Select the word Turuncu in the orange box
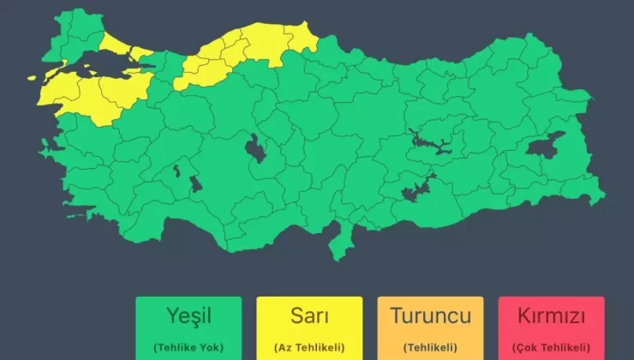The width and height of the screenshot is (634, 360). [430, 315]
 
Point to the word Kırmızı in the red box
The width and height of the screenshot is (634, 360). [552, 315]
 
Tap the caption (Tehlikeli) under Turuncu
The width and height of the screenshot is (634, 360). [430, 346]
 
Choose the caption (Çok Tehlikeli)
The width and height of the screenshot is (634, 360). [552, 346]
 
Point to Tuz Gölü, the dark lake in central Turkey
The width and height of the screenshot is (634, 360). [254, 149]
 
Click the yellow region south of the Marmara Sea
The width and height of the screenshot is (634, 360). [94, 99]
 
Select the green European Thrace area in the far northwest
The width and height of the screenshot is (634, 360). [73, 39]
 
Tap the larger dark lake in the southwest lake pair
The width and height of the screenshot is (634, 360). [195, 184]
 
